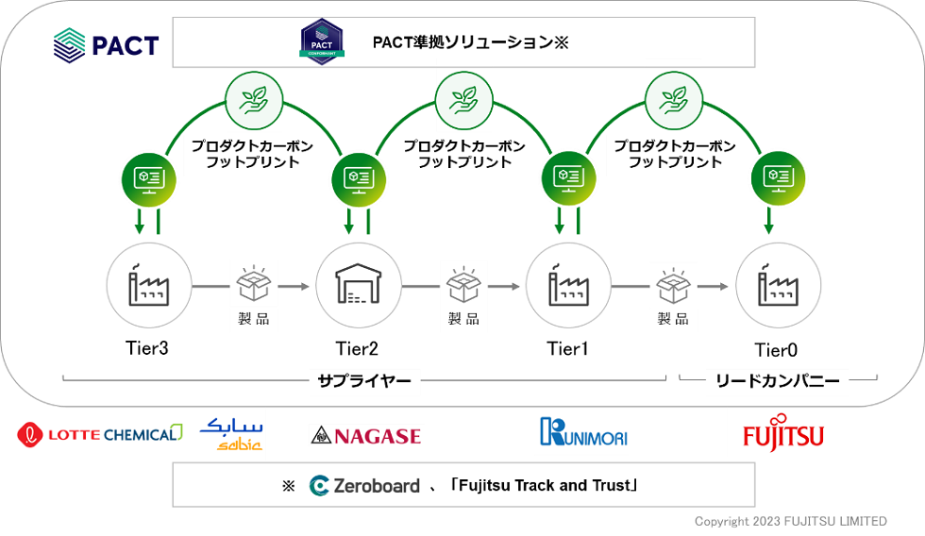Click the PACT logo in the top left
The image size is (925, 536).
pyautogui.click(x=106, y=44)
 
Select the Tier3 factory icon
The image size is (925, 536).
pyautogui.click(x=148, y=283)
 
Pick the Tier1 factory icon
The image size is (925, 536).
pyautogui.click(x=567, y=283)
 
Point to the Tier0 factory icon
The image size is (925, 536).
pyautogui.click(x=776, y=283)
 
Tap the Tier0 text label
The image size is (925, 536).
pyautogui.click(x=776, y=350)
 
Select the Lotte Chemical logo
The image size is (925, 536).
pyautogui.click(x=99, y=434)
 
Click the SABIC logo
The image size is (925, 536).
pyautogui.click(x=231, y=433)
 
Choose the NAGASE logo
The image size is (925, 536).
pyautogui.click(x=365, y=435)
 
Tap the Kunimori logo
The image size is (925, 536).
pyautogui.click(x=583, y=433)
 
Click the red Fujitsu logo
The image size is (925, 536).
pyautogui.click(x=782, y=432)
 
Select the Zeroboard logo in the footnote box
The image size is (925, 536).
pyautogui.click(x=364, y=486)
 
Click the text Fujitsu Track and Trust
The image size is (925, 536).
pyautogui.click(x=545, y=486)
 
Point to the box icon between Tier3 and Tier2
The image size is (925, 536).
pyautogui.click(x=253, y=282)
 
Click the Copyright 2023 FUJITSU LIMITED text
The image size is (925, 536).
pyautogui.click(x=791, y=521)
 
